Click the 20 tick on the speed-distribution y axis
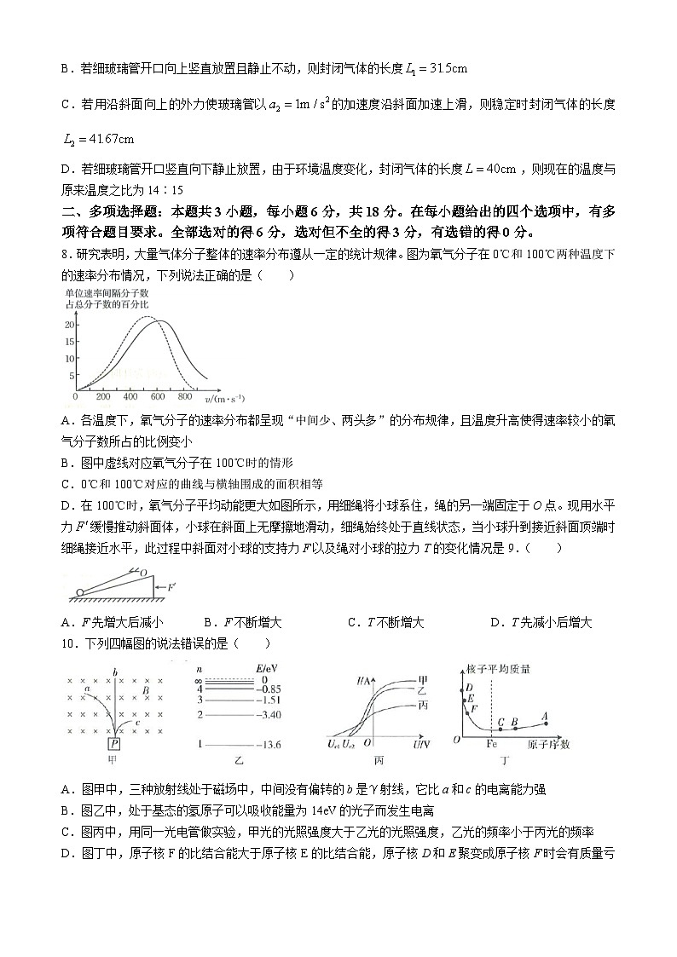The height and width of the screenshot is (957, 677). click(68, 325)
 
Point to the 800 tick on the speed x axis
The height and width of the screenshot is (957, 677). click(184, 397)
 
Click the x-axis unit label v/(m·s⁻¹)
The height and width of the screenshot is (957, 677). click(224, 398)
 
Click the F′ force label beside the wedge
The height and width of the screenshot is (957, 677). click(172, 587)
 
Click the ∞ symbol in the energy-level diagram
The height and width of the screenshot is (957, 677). click(199, 680)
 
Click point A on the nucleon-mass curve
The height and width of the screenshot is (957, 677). click(545, 717)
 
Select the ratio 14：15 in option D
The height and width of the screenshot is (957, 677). click(167, 189)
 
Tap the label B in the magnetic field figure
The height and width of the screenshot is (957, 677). click(147, 690)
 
